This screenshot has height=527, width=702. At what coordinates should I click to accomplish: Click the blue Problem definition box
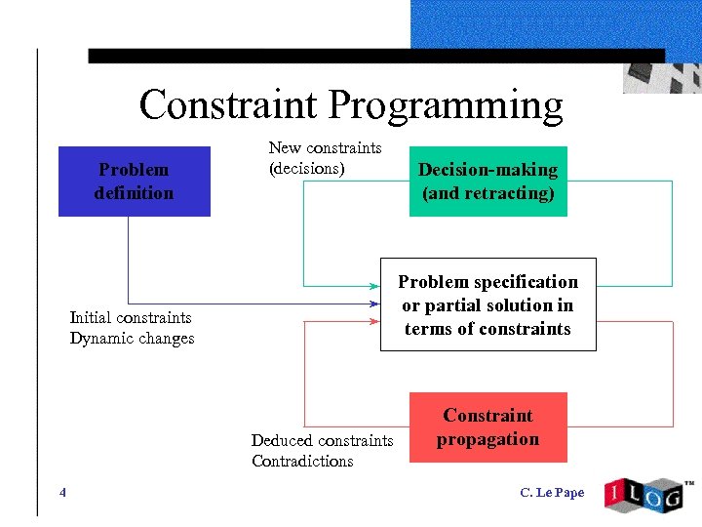click(135, 182)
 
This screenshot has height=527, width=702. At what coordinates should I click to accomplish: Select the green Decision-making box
click(487, 182)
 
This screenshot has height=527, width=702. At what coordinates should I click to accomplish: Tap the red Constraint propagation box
click(487, 427)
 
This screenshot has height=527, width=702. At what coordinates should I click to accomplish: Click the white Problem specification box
click(487, 305)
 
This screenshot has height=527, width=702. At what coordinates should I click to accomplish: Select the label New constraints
click(325, 147)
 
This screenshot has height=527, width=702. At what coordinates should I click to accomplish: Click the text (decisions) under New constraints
click(307, 168)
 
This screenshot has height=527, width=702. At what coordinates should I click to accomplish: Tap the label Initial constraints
click(131, 317)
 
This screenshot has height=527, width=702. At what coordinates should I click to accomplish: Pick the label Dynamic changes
click(132, 339)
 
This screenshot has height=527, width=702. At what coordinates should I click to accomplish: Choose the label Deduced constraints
click(322, 441)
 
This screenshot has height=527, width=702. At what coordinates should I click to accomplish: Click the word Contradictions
click(302, 462)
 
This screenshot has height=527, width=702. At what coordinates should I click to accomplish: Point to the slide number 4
click(62, 493)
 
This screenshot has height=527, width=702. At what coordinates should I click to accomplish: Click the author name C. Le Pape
click(552, 493)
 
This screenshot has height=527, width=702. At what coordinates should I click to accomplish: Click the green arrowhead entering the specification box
click(375, 286)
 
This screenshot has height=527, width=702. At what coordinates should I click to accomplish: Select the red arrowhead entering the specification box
click(375, 321)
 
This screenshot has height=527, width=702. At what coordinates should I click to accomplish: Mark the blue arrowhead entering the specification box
click(375, 304)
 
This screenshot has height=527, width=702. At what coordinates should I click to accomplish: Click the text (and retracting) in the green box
click(487, 193)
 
